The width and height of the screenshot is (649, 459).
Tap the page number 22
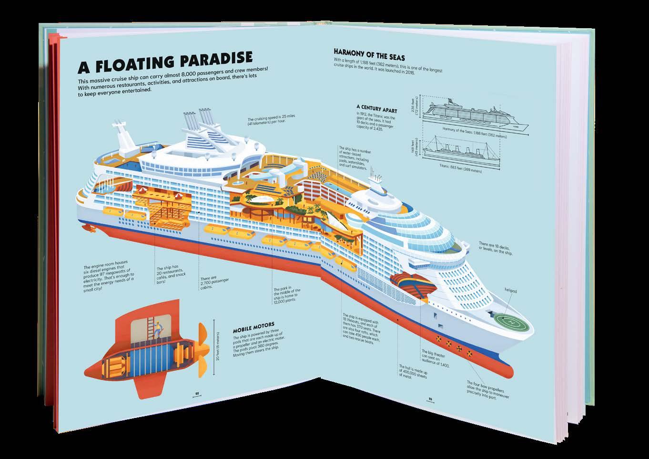196,393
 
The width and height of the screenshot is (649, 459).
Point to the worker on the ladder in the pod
158,330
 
